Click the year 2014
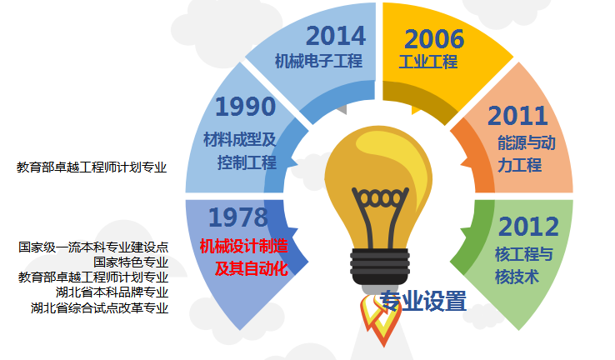click(336, 36)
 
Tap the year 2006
click(434, 38)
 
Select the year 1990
click(245, 107)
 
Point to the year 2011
click(517, 116)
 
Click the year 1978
click(238, 217)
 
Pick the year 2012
click(527, 226)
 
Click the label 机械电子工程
click(319, 61)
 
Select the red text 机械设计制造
click(243, 246)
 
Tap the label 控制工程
click(247, 162)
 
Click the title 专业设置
click(422, 300)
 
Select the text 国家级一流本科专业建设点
click(93, 247)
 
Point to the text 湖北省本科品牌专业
click(112, 292)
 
